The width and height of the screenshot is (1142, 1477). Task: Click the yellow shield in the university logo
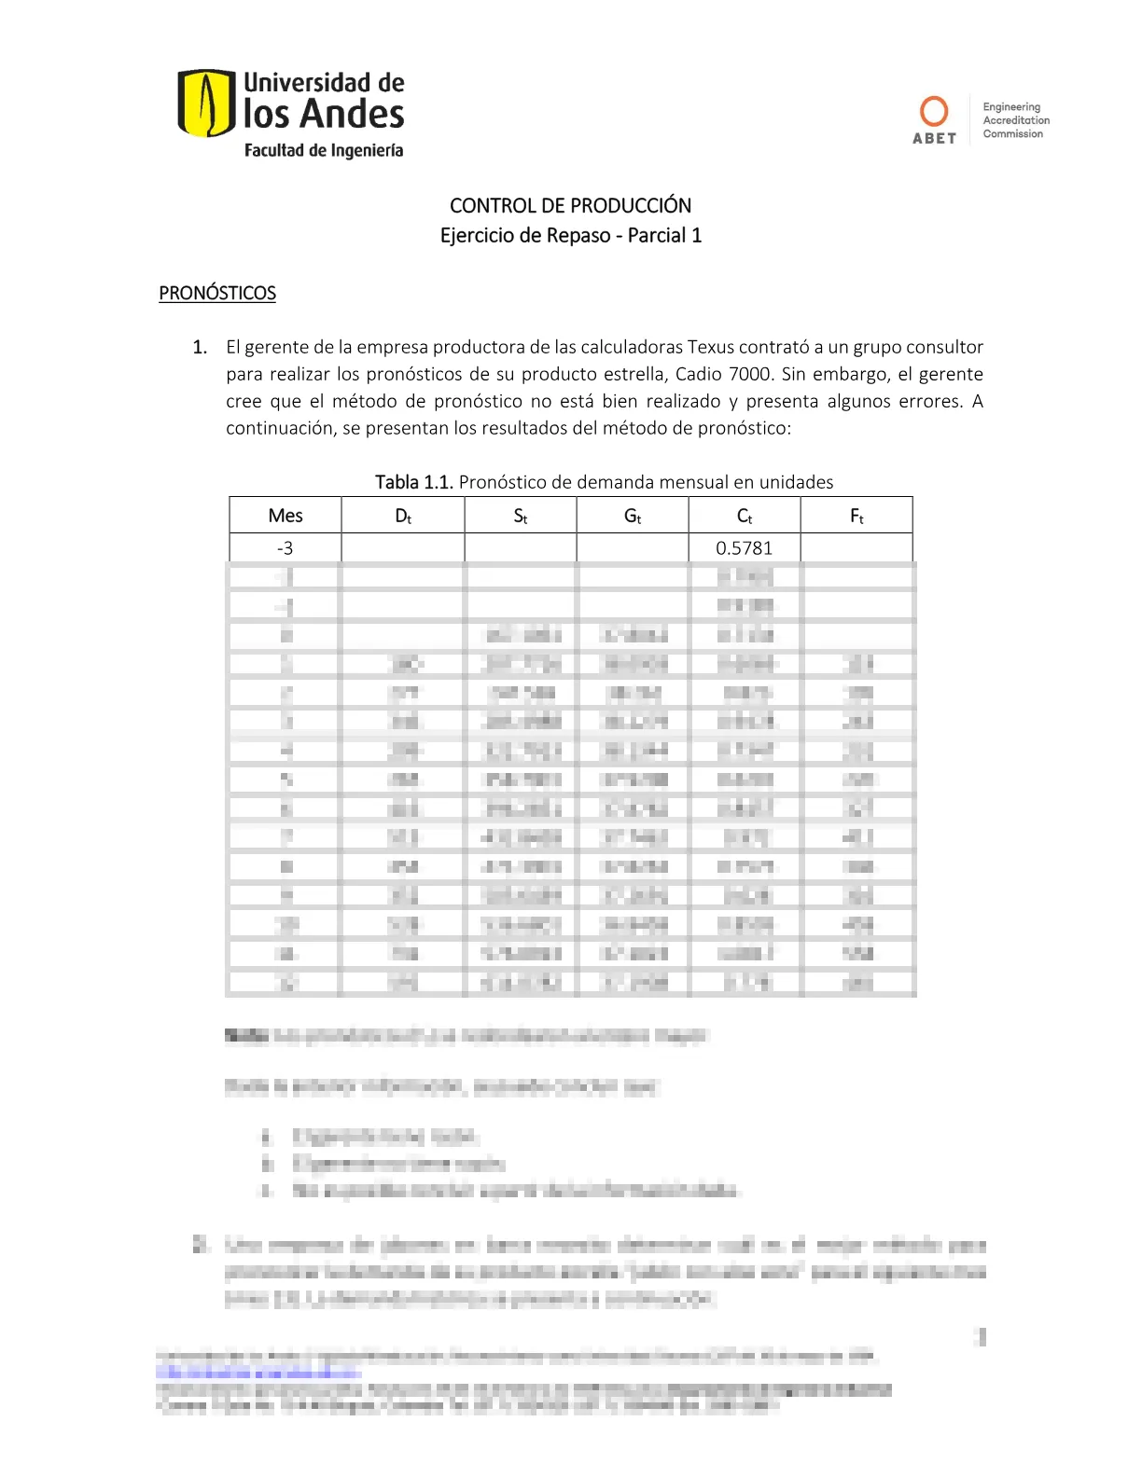[205, 103]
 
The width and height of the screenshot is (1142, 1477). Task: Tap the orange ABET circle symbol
[934, 111]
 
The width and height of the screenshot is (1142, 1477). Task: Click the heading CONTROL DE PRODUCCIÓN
[570, 205]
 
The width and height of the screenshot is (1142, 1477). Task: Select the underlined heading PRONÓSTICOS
[217, 293]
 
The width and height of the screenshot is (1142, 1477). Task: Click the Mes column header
[285, 516]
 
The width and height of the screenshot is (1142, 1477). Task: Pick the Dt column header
[403, 516]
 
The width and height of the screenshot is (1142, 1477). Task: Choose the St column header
[521, 516]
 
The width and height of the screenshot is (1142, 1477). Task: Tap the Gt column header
[633, 516]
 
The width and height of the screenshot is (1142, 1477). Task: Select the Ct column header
[745, 516]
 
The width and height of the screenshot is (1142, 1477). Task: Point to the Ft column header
[856, 516]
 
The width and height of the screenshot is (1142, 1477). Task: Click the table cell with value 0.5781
[745, 548]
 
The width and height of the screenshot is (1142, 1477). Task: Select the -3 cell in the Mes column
[285, 548]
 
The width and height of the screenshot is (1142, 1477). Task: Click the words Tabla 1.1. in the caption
[413, 482]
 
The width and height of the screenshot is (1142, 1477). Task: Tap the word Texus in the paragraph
[711, 347]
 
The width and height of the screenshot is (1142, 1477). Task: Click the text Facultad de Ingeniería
[324, 150]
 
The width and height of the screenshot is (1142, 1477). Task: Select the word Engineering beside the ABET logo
[1011, 107]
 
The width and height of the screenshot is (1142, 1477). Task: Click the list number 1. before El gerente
[200, 347]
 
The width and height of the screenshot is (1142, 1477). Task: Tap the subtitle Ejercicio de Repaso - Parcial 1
[570, 235]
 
